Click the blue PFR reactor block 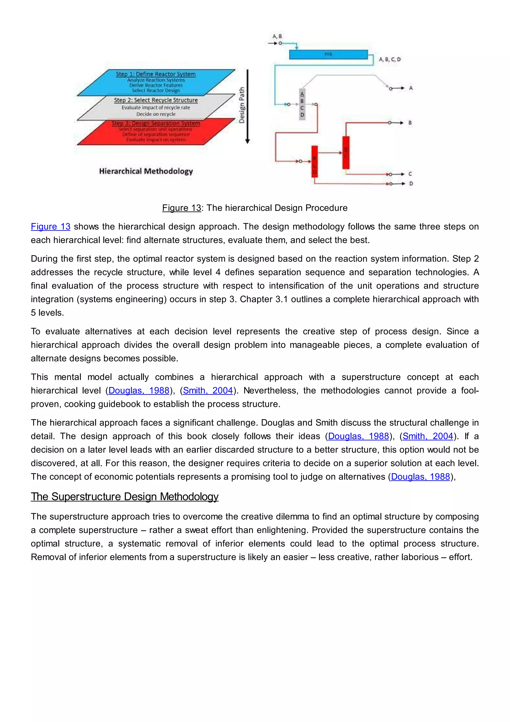click(328, 54)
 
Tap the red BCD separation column click(314, 162)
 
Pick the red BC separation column click(346, 153)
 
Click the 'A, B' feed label click(277, 36)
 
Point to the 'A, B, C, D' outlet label click(390, 59)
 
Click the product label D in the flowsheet click(411, 184)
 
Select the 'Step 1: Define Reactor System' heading click(156, 74)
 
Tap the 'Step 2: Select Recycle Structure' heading click(156, 100)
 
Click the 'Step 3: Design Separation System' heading click(156, 123)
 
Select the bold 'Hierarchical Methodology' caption click(146, 171)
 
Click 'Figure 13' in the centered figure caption click(182, 208)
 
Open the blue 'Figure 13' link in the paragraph click(51, 226)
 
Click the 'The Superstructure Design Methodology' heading click(125, 497)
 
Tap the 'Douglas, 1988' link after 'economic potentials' click(421, 477)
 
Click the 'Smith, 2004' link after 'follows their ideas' click(428, 436)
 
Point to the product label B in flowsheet click(410, 123)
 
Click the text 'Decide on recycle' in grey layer click(156, 114)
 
